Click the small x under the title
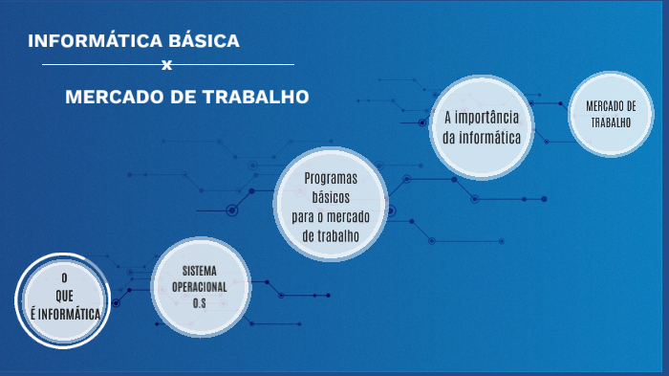tap(167, 66)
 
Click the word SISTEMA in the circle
tap(200, 272)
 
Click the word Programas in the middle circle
tap(331, 179)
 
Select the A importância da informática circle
tap(482, 127)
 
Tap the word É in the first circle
tap(34, 312)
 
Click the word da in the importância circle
tap(450, 138)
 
